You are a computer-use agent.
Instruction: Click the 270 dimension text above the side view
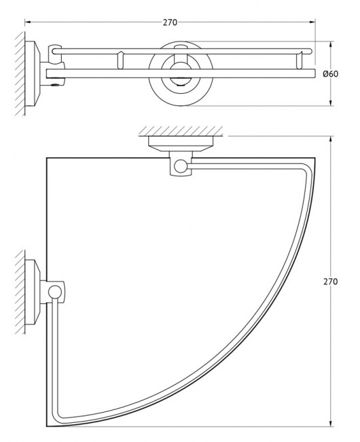170,22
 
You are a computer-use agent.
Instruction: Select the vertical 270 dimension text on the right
330,282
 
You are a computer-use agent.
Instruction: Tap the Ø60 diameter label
331,73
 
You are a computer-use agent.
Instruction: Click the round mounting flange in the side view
178,74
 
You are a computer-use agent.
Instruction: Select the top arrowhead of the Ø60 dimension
330,45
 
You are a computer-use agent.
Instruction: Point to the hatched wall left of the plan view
18,293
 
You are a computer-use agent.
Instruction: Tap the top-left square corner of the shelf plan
47,158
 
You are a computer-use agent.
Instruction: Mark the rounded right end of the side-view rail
310,51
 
